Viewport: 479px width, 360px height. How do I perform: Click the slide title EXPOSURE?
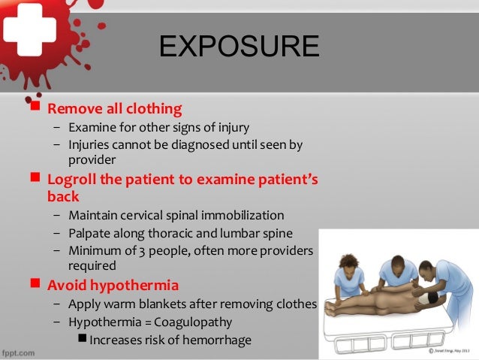[239, 46]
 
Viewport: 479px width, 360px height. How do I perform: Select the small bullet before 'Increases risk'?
[83, 340]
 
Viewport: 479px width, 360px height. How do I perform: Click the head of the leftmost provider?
[349, 264]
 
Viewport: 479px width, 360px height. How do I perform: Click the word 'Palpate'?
[90, 232]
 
